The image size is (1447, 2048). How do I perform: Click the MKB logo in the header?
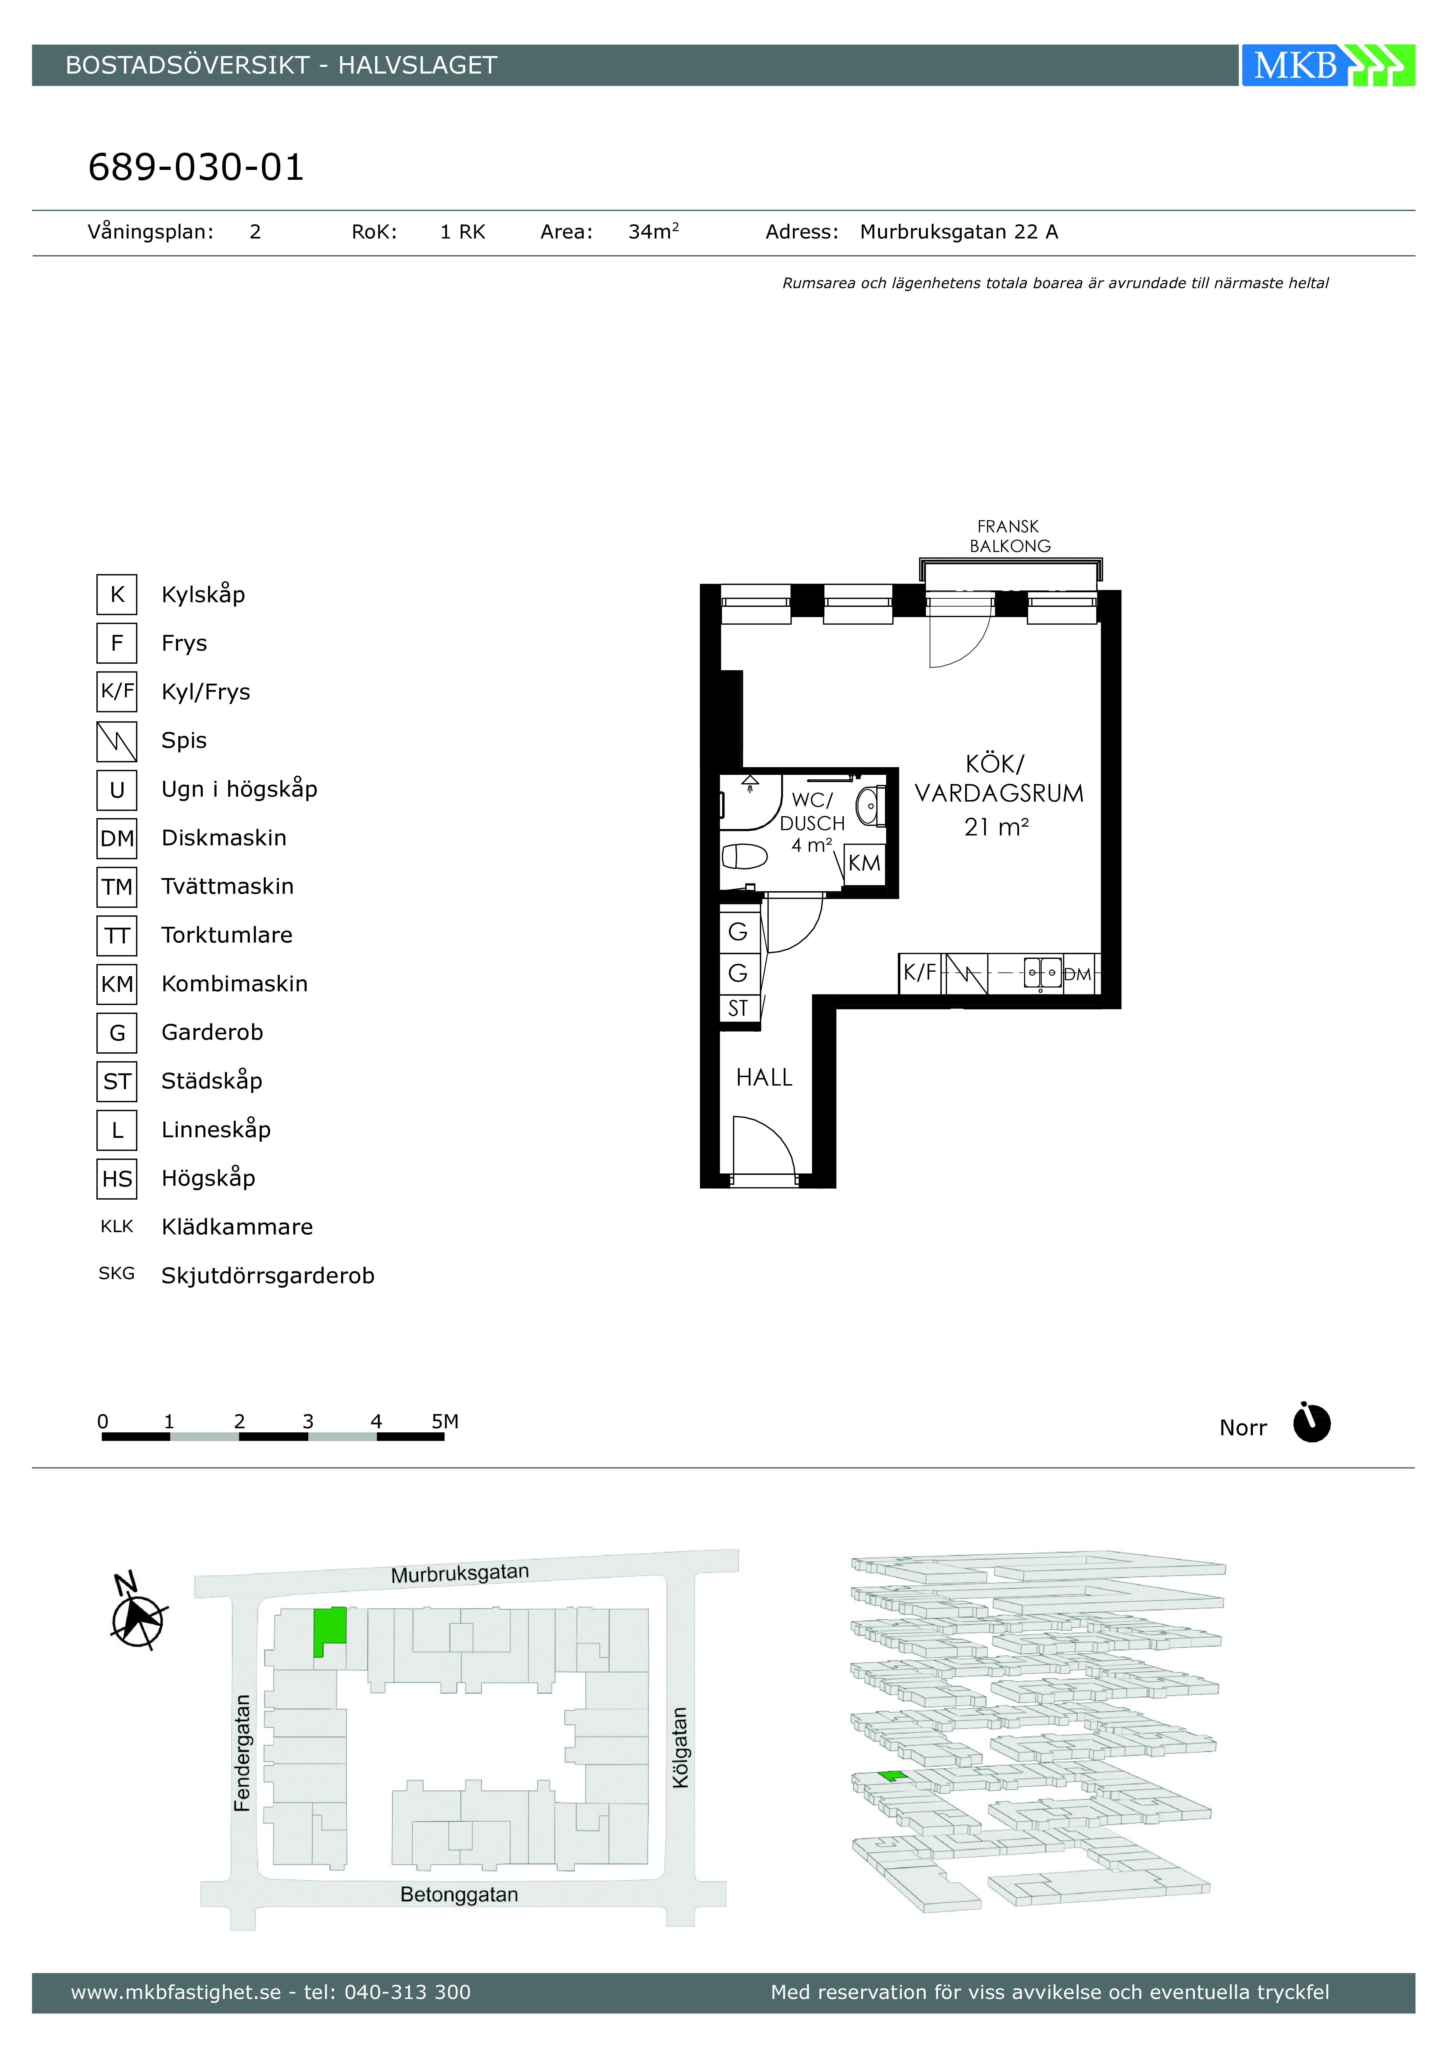1327,65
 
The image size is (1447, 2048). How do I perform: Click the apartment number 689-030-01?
196,167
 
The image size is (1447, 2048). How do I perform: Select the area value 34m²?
654,232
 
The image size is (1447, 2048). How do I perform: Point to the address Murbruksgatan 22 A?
958,232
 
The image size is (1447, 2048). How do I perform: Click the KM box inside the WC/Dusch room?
864,863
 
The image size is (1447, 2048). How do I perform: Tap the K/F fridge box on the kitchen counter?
920,973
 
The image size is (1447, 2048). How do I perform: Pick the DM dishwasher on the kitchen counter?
1078,974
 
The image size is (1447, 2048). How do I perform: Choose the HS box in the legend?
117,1178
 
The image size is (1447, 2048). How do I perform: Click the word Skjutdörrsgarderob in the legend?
267,1276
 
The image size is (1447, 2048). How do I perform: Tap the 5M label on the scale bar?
445,1421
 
